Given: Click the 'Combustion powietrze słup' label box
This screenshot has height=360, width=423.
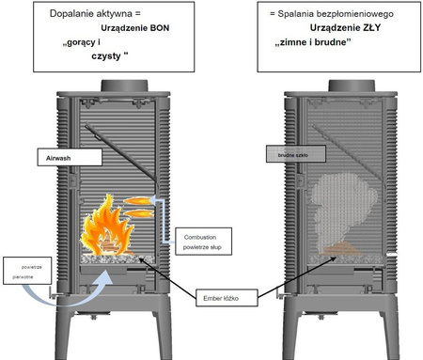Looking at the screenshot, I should tap(203, 236).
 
